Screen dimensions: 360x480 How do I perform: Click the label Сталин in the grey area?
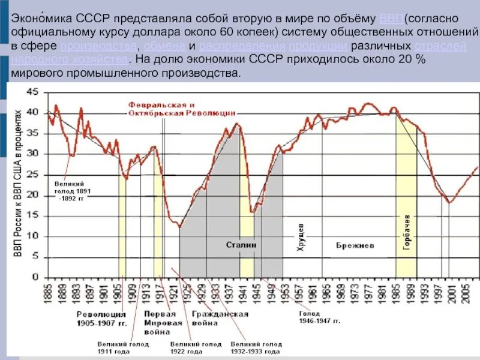click(241, 245)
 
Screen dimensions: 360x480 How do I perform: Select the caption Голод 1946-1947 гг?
click(320, 317)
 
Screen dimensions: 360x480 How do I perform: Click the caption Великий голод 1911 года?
click(123, 347)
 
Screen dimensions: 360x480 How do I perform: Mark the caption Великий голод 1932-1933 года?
click(256, 347)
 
